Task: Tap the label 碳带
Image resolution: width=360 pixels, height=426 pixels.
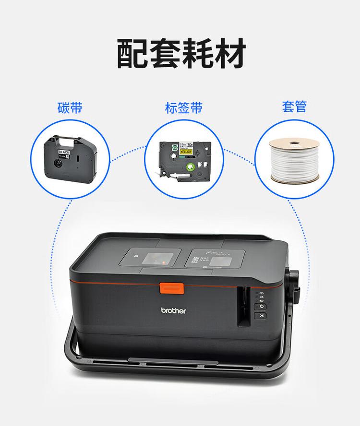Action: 70,106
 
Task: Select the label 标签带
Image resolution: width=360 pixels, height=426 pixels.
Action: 184,107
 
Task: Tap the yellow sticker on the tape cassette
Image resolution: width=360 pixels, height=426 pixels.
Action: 185,152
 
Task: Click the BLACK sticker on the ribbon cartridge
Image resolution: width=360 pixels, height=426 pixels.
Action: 63,152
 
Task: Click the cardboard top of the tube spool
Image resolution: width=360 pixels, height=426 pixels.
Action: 294,143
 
